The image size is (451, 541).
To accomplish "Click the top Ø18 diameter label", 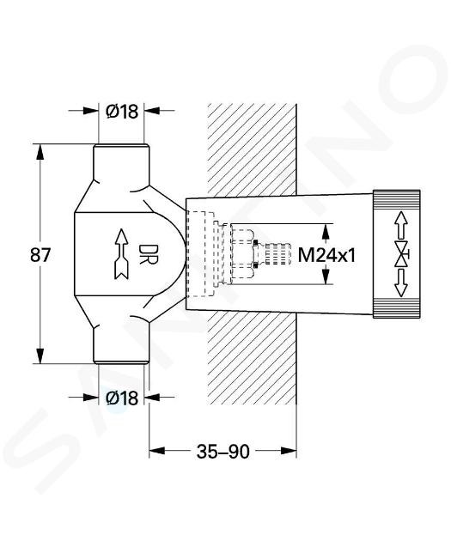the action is [122, 111].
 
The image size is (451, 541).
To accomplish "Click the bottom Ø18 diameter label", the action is [122, 398].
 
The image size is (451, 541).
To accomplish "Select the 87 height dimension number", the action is [40, 255].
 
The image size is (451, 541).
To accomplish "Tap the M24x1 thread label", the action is [326, 256].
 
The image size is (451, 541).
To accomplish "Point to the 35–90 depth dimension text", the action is [222, 452].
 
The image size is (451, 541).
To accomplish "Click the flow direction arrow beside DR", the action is [121, 253].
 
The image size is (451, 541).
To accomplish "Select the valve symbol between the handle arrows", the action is [402, 255].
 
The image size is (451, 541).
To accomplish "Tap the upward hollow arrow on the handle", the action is [400, 225].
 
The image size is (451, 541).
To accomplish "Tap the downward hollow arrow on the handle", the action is [400, 283].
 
